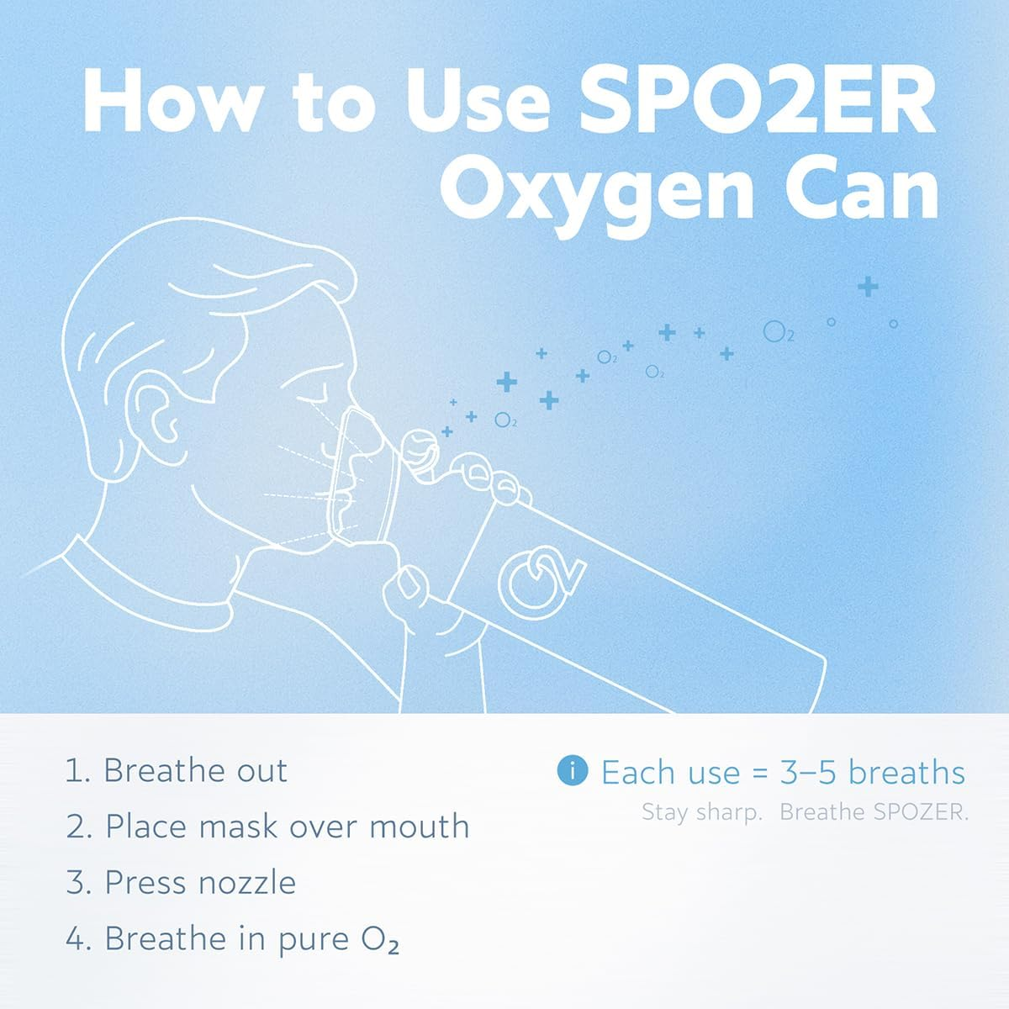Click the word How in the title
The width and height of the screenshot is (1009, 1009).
tap(167, 100)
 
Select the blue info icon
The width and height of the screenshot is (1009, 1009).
tap(573, 770)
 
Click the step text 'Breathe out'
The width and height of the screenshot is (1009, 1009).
tap(195, 771)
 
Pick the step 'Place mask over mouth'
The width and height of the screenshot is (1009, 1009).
tap(287, 827)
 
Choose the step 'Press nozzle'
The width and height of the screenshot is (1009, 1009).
tap(200, 883)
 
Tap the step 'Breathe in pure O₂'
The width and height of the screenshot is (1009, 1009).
tap(251, 939)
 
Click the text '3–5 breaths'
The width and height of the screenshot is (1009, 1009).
tap(872, 772)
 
